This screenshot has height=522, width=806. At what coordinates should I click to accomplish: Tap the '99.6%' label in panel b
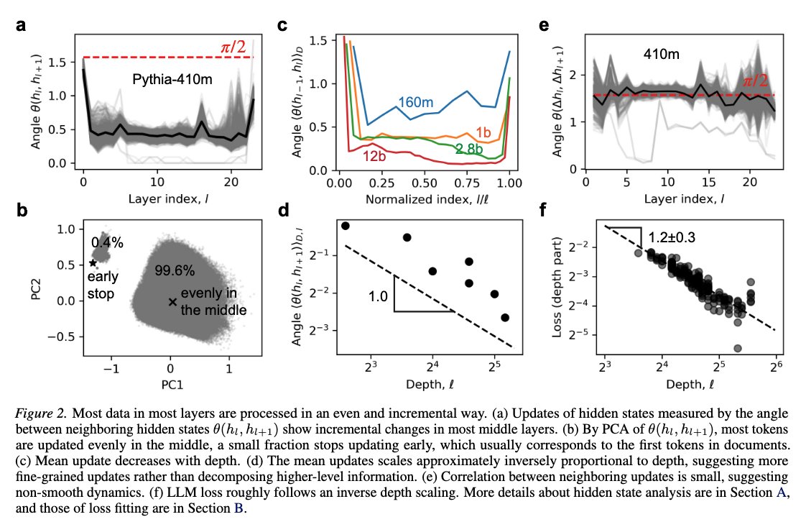(x=172, y=270)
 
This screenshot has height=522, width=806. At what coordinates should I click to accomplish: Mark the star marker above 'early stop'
(x=93, y=263)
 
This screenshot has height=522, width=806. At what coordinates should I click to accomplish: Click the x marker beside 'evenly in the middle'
(x=172, y=302)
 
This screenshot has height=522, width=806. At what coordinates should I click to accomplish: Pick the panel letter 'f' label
(x=544, y=211)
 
